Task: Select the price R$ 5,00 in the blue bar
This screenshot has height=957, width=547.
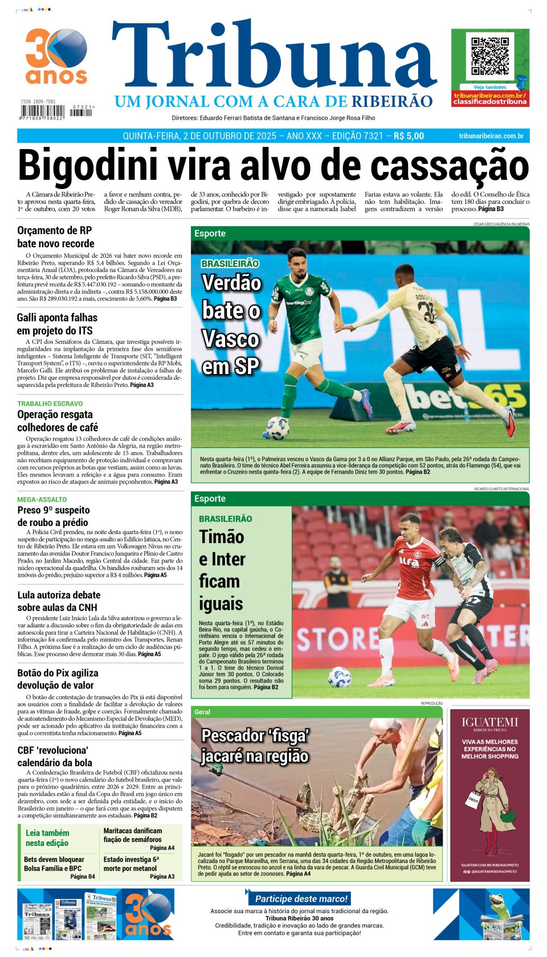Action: click(x=409, y=136)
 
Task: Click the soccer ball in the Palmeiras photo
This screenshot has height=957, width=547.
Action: click(x=278, y=428)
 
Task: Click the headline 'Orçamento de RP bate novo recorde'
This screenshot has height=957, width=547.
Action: click(x=55, y=237)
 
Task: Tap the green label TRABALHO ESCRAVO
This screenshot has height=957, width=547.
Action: click(x=50, y=404)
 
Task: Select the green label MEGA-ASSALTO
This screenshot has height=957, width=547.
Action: click(x=42, y=499)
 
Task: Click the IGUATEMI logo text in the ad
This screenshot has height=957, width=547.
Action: click(x=489, y=722)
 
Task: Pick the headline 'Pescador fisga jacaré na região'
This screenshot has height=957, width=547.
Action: click(x=255, y=745)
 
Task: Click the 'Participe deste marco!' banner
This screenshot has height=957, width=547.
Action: click(x=301, y=898)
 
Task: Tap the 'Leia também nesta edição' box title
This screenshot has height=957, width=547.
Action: click(x=47, y=838)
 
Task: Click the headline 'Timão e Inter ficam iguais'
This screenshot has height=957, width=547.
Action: click(x=222, y=570)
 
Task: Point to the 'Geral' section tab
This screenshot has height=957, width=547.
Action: click(x=202, y=712)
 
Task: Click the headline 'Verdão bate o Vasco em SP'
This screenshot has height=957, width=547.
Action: click(x=231, y=325)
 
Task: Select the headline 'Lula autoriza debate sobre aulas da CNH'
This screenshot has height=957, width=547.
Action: click(x=59, y=601)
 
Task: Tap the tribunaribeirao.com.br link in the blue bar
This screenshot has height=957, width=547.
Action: click(x=491, y=136)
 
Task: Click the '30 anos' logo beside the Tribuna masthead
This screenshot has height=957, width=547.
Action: click(x=56, y=56)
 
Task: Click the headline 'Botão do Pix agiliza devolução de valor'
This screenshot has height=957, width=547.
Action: click(x=58, y=679)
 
